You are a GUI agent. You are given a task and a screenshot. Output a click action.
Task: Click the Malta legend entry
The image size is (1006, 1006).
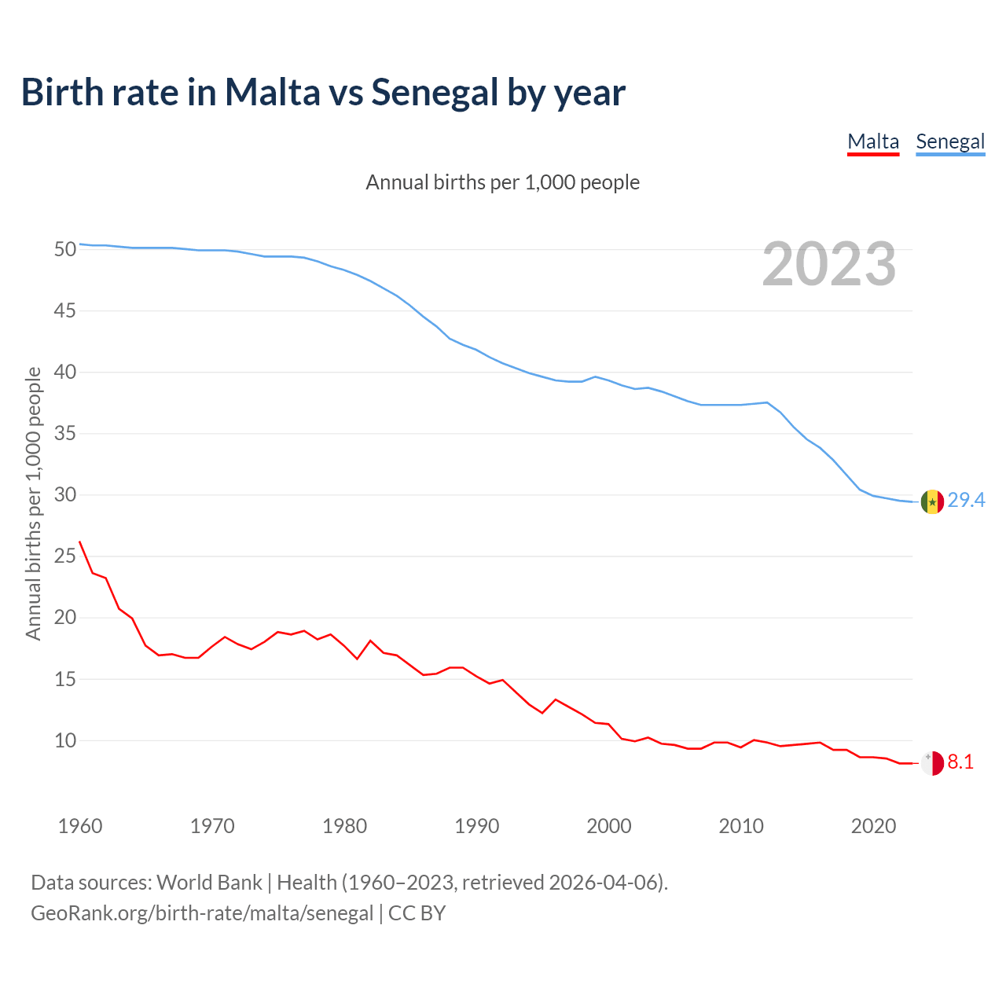[872, 142]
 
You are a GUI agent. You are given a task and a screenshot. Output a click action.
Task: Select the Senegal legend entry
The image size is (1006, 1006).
[950, 142]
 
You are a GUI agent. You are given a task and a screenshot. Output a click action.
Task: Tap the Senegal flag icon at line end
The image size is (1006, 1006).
[932, 501]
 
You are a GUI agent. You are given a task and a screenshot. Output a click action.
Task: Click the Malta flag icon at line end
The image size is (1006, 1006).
[932, 763]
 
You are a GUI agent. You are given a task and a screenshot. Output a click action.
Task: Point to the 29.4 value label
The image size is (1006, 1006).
[966, 501]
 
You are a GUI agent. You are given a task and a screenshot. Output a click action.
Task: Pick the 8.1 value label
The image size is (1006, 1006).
[960, 762]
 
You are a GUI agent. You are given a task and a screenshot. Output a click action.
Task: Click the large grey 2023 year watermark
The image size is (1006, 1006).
[829, 264]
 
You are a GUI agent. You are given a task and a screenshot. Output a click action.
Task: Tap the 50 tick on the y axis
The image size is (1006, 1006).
[65, 250]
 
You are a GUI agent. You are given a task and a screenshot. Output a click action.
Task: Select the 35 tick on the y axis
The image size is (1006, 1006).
[65, 434]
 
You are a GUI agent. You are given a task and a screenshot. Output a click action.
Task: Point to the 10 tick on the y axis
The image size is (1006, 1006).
[65, 740]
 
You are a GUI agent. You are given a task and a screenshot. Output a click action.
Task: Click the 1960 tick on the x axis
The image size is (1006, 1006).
[80, 826]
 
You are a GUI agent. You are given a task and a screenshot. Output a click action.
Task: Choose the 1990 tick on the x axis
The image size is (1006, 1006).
[477, 826]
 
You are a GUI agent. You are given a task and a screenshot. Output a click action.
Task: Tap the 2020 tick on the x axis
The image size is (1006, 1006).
[873, 826]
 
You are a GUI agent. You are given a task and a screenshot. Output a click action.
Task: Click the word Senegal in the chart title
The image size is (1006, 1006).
[435, 93]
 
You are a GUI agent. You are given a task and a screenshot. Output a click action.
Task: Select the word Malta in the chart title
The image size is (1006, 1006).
[273, 93]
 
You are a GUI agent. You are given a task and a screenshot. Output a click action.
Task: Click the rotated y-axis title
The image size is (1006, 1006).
[33, 503]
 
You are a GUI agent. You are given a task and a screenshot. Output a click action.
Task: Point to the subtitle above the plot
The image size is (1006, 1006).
[503, 182]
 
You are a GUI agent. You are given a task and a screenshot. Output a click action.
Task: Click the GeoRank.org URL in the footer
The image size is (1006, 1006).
[202, 913]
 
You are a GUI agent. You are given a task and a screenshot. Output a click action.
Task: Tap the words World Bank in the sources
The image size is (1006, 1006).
[209, 883]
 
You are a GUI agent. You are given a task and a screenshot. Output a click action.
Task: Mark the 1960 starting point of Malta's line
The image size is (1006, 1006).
[79, 542]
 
